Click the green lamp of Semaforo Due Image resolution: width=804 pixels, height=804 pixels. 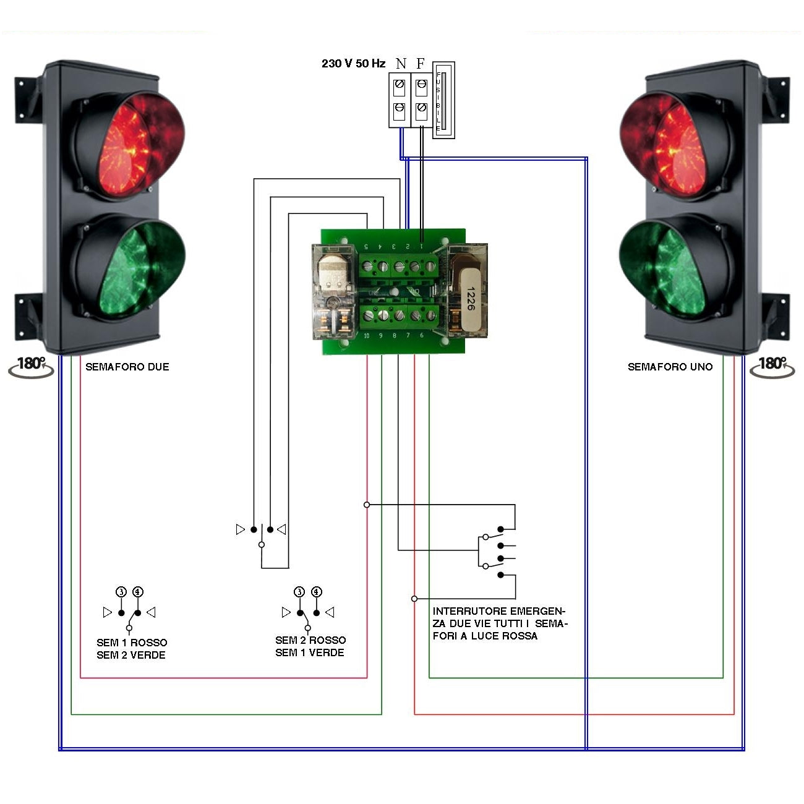pos(130,266)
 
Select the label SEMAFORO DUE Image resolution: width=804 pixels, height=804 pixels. pos(127,367)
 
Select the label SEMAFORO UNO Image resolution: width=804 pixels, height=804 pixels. pos(670,367)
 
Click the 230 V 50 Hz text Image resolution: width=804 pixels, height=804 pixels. pos(353,64)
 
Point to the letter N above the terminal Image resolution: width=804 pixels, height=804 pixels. pos(401,64)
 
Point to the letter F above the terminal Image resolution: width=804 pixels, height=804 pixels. pos(421,64)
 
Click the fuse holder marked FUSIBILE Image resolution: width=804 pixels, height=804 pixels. pos(443,100)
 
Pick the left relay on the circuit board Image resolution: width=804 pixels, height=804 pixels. pos(334,291)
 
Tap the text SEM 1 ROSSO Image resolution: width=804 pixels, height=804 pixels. pos(132,643)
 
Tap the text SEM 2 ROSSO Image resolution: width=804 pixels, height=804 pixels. pos(310,640)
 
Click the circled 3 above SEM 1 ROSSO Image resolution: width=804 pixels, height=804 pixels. pos(121,592)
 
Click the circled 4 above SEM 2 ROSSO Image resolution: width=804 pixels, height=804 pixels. pos(317,592)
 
